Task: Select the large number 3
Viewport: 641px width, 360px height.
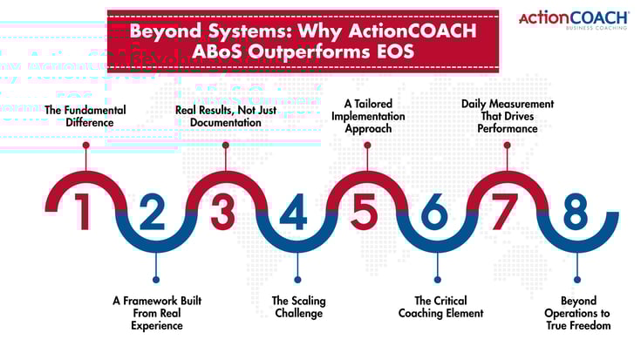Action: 225,212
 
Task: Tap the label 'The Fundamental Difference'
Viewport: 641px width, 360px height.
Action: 86,117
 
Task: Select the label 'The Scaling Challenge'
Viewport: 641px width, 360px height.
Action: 297,307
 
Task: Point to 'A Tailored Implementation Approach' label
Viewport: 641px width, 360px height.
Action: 367,115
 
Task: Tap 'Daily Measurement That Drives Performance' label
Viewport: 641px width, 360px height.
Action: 508,117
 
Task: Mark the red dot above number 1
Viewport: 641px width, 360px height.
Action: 85,145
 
